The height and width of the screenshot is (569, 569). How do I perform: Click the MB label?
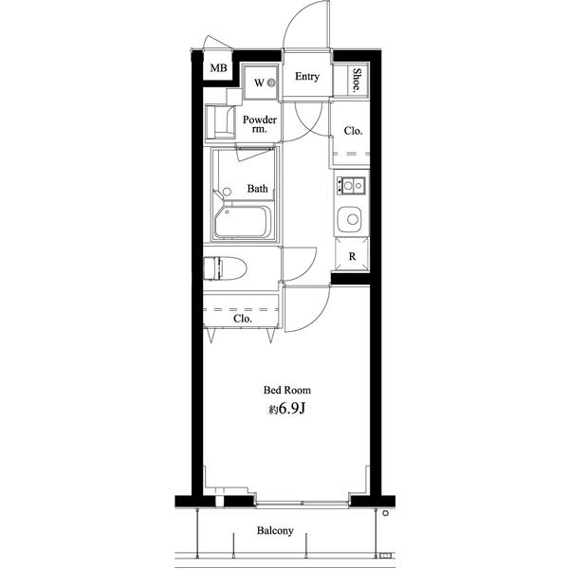(218, 68)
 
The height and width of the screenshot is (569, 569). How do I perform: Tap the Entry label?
(307, 77)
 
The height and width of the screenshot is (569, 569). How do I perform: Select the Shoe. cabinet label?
(358, 80)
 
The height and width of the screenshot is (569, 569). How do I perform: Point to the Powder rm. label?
(260, 123)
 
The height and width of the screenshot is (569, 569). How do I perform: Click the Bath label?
(257, 189)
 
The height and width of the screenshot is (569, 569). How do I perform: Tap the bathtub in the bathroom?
(243, 221)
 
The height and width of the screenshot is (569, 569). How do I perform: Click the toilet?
(225, 268)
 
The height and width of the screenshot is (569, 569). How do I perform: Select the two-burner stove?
(351, 186)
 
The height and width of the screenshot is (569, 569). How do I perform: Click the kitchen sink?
(349, 220)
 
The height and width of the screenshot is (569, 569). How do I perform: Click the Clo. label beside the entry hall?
(353, 131)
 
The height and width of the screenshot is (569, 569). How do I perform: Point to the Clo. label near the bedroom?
(243, 319)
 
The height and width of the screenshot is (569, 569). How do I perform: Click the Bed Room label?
(287, 390)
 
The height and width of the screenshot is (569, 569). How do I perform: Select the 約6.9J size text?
(287, 409)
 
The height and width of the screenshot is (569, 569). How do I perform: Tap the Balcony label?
(275, 531)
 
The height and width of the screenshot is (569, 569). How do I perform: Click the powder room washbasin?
(220, 121)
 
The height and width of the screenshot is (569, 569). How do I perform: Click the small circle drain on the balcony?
(386, 513)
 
